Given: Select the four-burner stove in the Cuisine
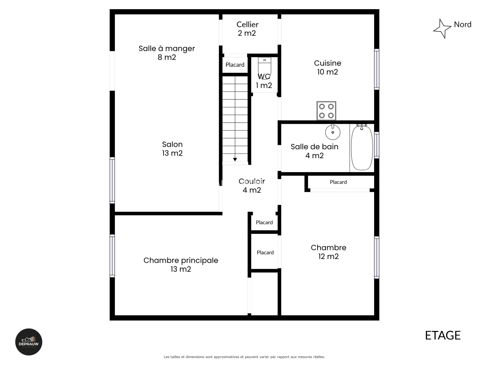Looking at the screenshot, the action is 326,111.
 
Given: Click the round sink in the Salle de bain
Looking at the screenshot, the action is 333,132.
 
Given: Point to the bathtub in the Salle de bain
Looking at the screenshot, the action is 362,147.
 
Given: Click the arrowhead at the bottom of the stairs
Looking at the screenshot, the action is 235,160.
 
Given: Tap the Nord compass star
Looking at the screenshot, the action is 442,29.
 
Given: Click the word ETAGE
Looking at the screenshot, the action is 443,335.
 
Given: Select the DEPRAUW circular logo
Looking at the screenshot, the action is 29,342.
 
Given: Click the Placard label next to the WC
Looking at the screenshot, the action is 235,65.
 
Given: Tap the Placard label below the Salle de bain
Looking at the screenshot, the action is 338,182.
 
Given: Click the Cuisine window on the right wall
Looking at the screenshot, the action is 377,69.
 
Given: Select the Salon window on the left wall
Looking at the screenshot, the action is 112,180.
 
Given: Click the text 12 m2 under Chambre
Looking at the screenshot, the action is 328,257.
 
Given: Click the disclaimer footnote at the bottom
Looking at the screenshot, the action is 244,357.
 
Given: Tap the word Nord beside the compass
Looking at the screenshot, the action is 462,24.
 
